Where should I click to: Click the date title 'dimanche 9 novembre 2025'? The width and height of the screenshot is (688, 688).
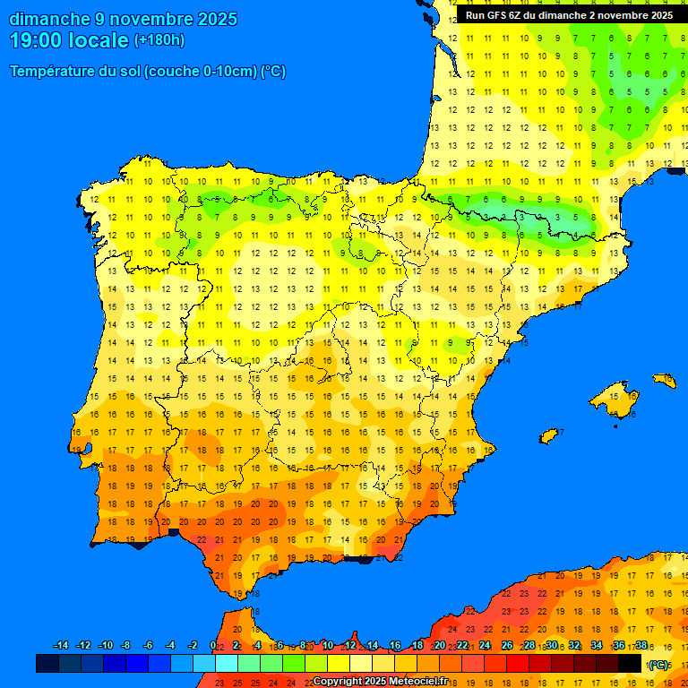click(x=123, y=19)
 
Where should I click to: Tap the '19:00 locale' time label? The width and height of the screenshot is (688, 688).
click(x=69, y=40)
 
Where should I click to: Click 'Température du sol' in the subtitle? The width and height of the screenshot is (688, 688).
click(x=74, y=72)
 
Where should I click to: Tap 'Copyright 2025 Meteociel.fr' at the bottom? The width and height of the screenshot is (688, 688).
click(x=380, y=681)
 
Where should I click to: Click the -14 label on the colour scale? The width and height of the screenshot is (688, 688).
click(x=61, y=646)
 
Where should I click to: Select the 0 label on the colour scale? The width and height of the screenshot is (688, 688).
click(x=212, y=646)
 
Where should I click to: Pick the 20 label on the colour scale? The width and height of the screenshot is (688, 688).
click(x=439, y=646)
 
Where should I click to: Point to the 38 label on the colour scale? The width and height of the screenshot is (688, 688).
click(x=641, y=646)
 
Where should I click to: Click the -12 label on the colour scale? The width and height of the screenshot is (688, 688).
click(x=83, y=646)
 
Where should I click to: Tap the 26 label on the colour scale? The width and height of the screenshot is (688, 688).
click(x=507, y=646)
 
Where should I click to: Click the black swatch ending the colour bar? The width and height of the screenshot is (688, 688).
click(x=630, y=663)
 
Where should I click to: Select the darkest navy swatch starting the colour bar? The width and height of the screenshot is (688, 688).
click(x=47, y=663)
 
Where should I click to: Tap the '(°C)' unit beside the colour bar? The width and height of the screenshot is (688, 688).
click(x=658, y=664)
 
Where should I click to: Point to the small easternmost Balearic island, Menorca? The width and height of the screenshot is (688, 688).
click(x=665, y=381)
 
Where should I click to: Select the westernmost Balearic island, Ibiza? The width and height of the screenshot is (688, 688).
click(x=549, y=435)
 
